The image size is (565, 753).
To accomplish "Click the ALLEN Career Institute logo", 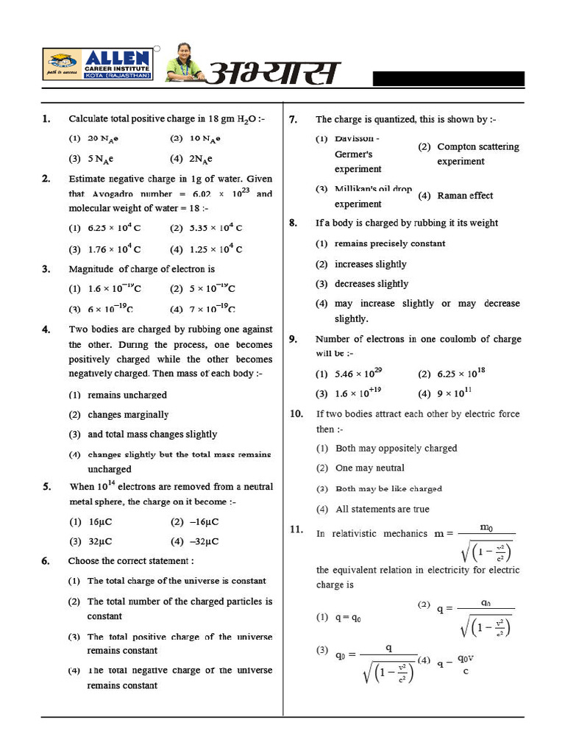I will click(x=98, y=65).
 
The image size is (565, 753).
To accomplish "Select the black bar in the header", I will click(x=448, y=79).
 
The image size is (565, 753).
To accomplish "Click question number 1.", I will click(x=46, y=118).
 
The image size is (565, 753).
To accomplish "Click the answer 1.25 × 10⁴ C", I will click(x=214, y=249).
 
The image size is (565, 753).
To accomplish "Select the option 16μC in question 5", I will click(x=99, y=522).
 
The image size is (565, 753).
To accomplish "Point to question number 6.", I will click(x=46, y=561).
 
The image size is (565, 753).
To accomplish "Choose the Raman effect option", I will click(x=464, y=196).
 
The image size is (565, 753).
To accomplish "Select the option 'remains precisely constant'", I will click(x=389, y=243).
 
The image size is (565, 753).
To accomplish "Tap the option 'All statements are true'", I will click(x=382, y=509).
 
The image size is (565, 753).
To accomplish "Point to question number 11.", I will click(x=296, y=529).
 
